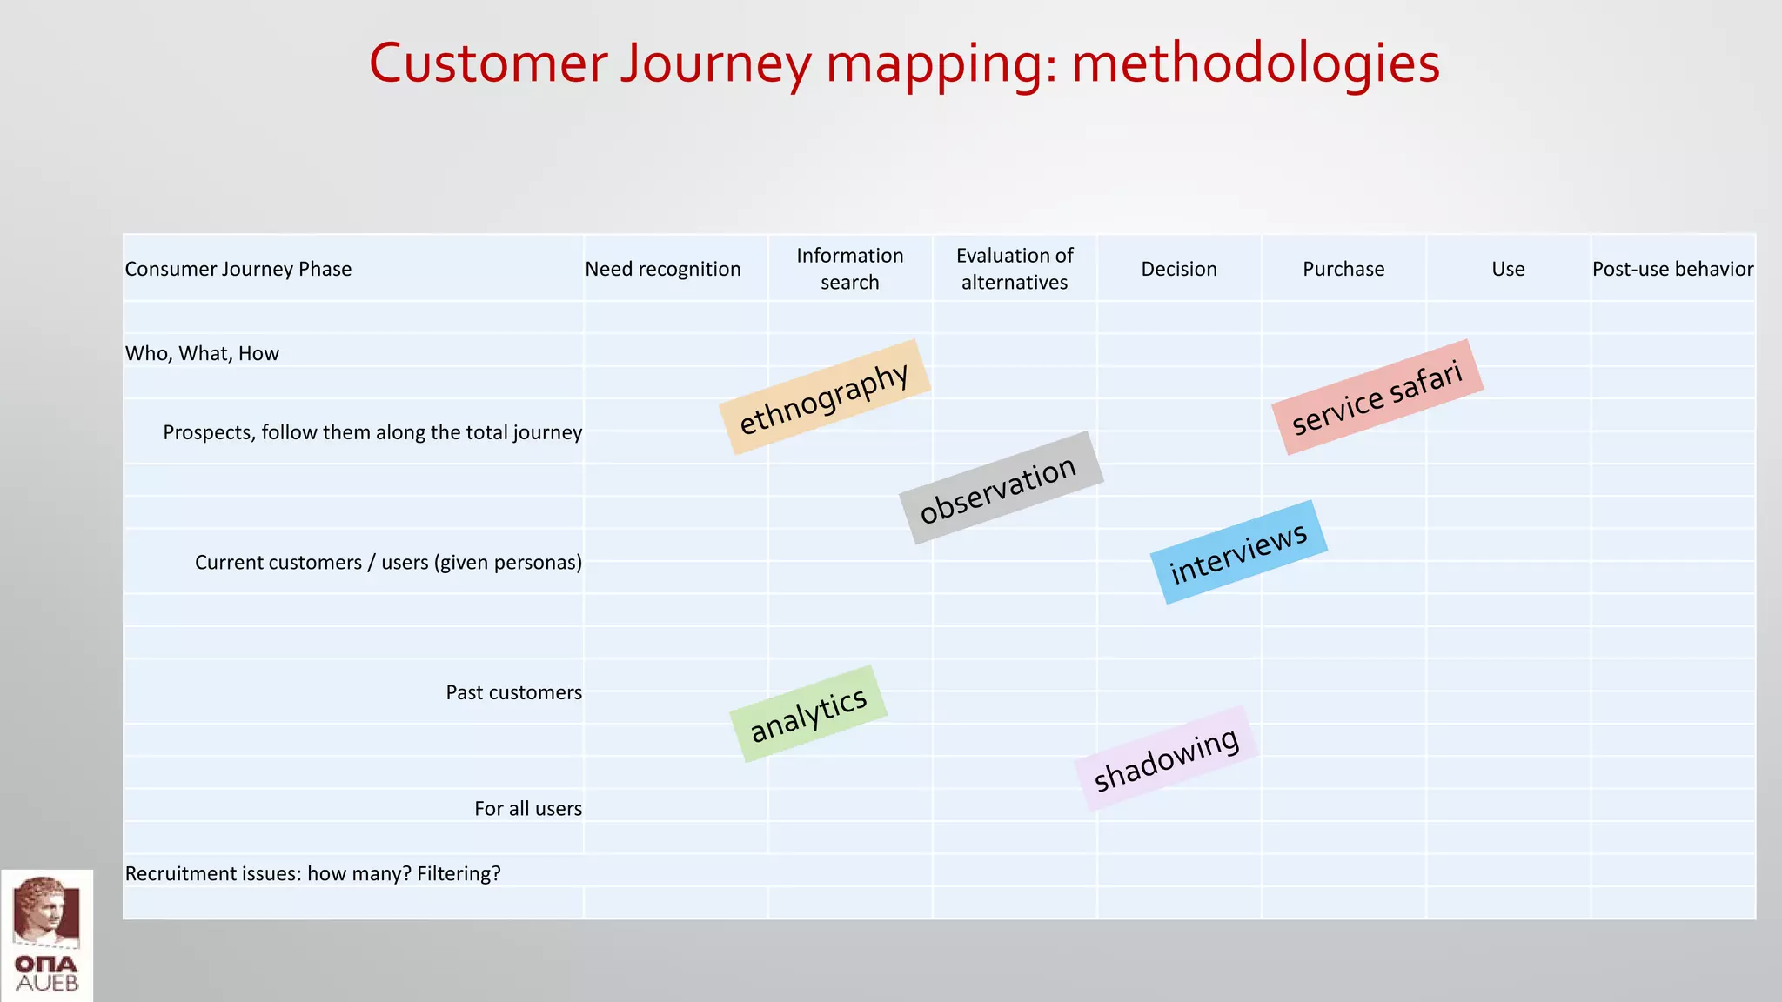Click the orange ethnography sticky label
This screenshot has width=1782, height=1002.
(x=824, y=397)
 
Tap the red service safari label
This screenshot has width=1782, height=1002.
(x=1377, y=397)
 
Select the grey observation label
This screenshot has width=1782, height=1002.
(x=1000, y=488)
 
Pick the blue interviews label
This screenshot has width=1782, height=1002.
(x=1238, y=552)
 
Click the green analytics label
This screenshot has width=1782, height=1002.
(x=808, y=714)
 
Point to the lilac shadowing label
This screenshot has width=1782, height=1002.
(x=1166, y=758)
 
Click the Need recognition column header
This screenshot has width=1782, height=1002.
(x=663, y=269)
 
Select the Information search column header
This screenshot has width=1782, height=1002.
(x=849, y=269)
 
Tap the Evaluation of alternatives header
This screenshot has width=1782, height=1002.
(x=1015, y=269)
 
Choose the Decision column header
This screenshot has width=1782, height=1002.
(x=1179, y=269)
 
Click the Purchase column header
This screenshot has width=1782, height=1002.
(x=1343, y=269)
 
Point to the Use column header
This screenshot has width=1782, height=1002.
(x=1508, y=269)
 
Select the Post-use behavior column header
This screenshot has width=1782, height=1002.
(x=1672, y=269)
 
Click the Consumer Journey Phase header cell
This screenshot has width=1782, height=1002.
(x=238, y=269)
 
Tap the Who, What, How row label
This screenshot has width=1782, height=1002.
(x=202, y=353)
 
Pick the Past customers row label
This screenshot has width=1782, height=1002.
(x=513, y=692)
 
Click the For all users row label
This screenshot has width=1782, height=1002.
(x=527, y=808)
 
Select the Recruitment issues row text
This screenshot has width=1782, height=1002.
(x=313, y=873)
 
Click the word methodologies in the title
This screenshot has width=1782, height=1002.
(x=1255, y=64)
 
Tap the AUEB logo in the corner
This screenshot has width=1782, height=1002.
(x=47, y=936)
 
